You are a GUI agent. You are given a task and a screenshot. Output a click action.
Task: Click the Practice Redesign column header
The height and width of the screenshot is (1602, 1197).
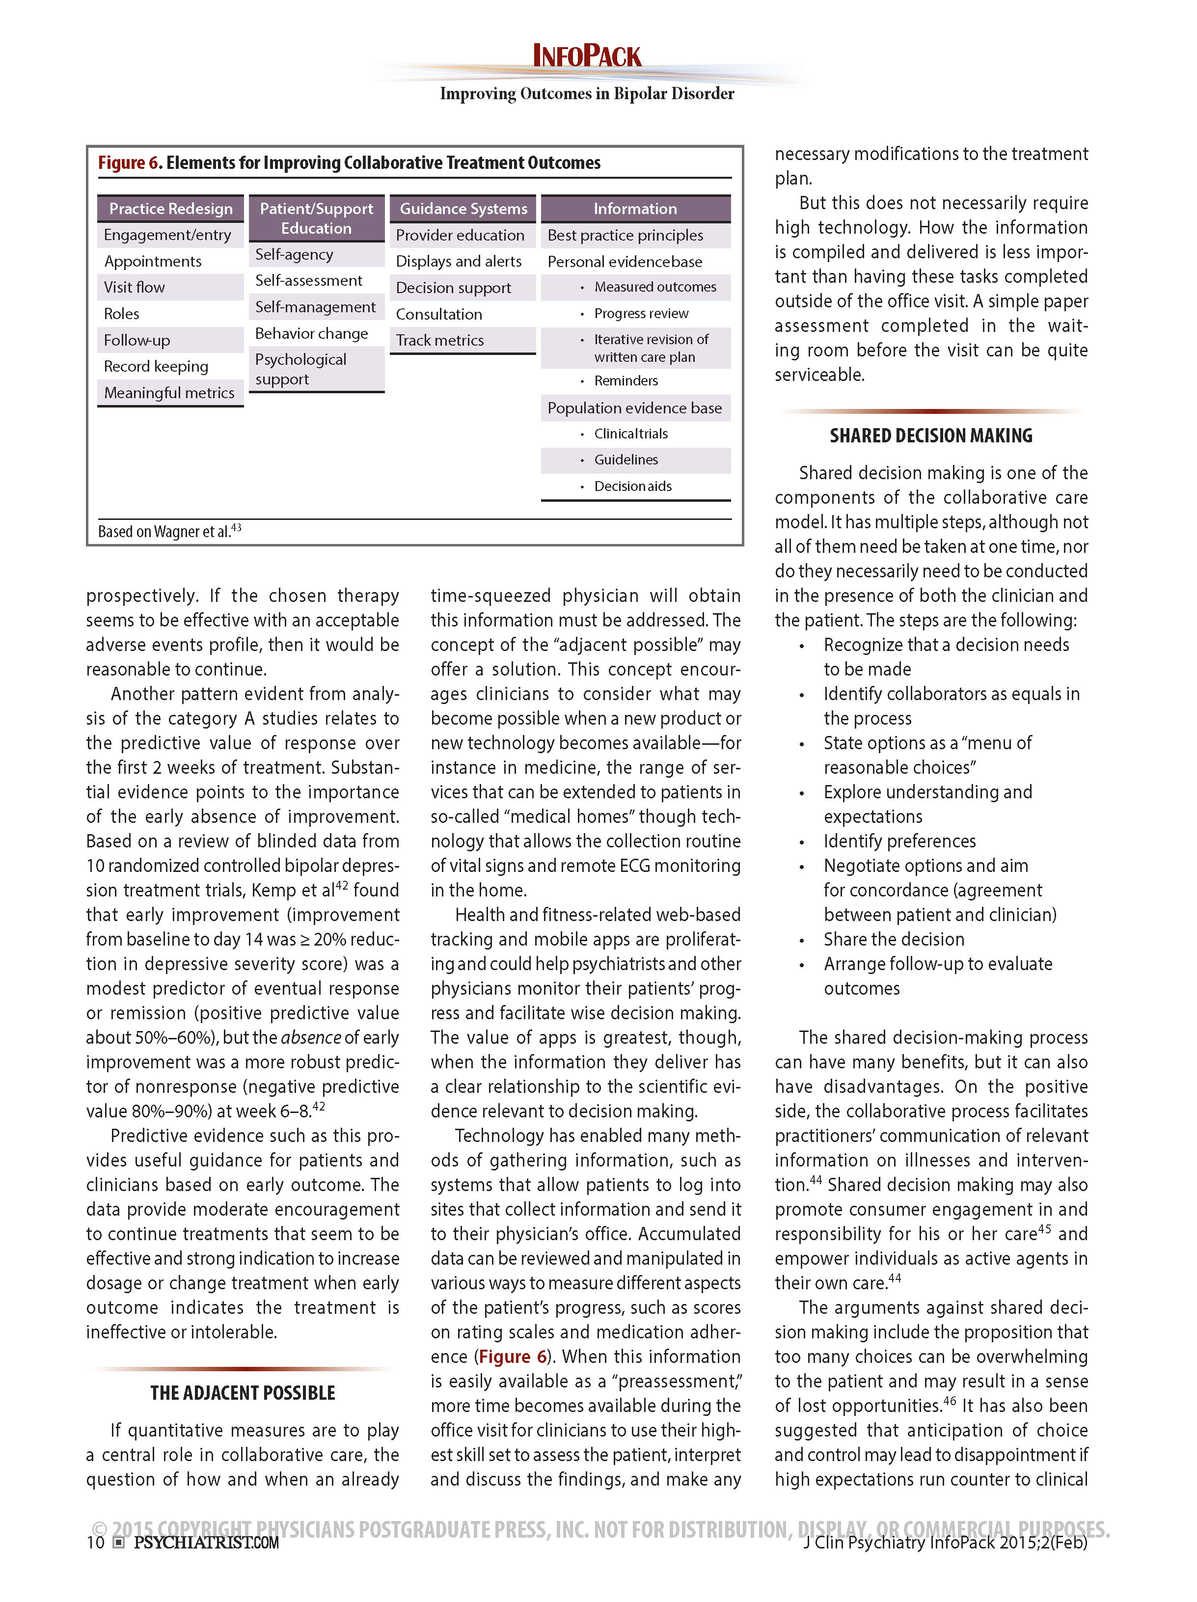(x=170, y=209)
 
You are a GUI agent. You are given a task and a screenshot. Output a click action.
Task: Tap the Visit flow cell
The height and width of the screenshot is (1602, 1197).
(x=135, y=288)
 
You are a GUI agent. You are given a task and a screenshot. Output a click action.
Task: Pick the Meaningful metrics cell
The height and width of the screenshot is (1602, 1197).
(x=169, y=393)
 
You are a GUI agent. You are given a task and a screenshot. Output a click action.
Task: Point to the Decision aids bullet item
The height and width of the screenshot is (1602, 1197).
(x=632, y=486)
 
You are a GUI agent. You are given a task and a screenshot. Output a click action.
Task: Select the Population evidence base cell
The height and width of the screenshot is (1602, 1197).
(x=634, y=408)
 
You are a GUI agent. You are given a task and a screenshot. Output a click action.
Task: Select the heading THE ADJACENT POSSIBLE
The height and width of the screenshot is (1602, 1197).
(x=243, y=1393)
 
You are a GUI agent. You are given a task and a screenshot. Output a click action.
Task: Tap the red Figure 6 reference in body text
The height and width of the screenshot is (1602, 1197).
(x=513, y=1357)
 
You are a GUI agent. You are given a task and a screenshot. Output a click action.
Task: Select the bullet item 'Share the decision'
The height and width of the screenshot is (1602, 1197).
(x=894, y=939)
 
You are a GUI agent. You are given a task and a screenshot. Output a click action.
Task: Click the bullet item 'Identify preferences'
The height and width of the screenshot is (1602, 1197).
(x=899, y=841)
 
